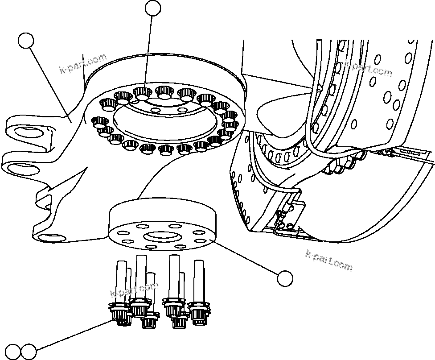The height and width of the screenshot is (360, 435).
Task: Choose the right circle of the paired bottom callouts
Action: [28, 351]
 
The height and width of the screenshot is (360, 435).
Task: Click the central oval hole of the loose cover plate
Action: [163, 235]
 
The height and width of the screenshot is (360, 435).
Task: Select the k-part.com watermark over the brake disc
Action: [368, 68]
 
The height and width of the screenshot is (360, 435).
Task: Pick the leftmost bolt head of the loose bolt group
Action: [118, 312]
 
